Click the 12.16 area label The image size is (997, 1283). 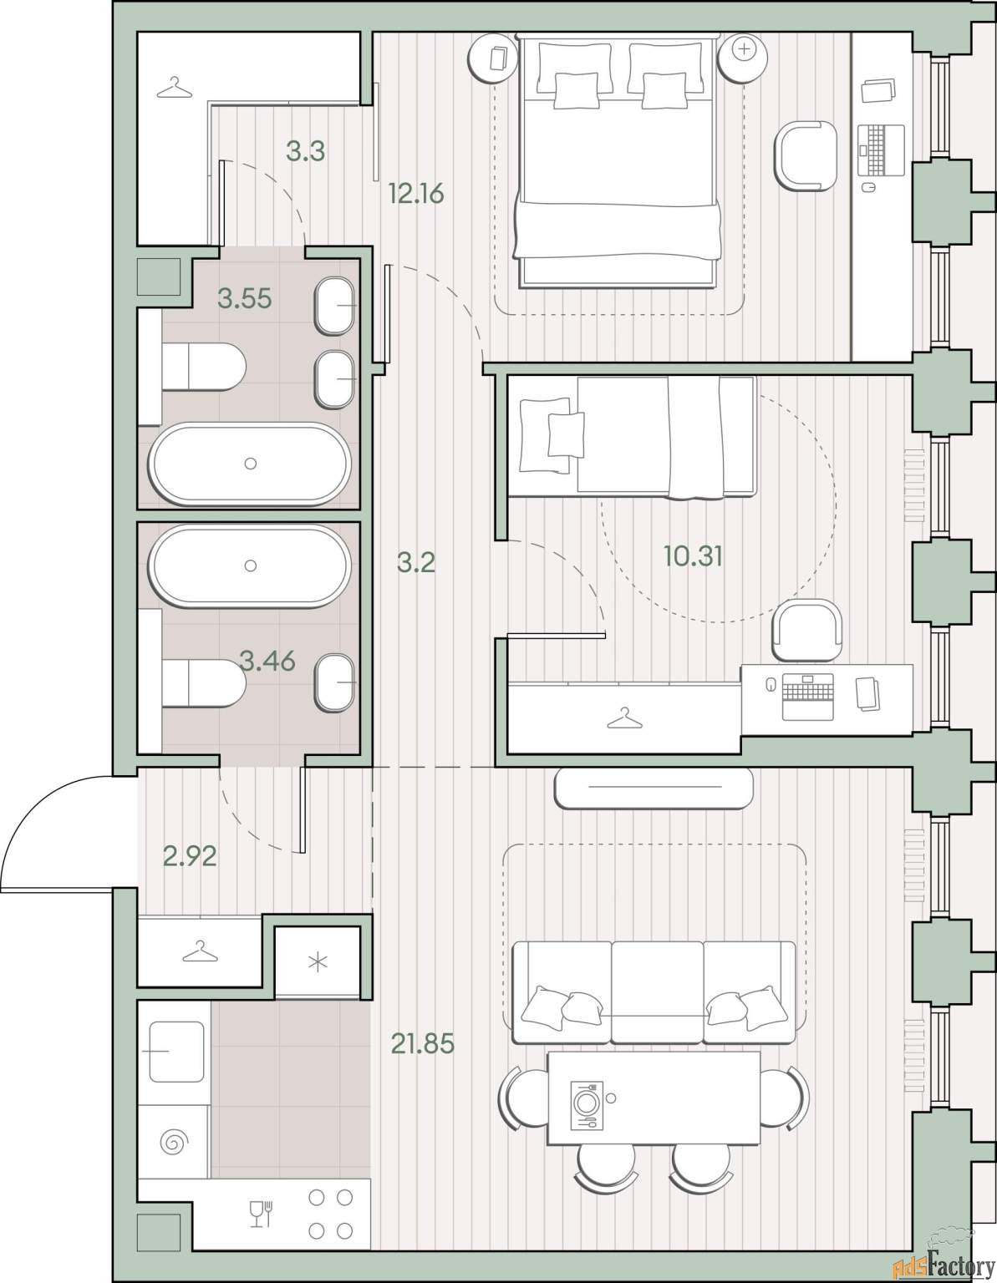[416, 193]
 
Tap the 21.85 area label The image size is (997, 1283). [422, 1043]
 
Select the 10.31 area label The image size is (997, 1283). [693, 556]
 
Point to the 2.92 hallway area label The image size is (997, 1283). [190, 856]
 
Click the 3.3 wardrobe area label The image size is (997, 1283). [305, 151]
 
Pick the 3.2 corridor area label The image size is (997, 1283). [416, 562]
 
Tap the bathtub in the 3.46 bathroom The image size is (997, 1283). [250, 565]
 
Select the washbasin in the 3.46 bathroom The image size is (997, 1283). [335, 682]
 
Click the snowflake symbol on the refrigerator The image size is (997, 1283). [318, 963]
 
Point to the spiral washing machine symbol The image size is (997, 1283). [174, 1143]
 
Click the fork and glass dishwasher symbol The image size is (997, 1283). [261, 1214]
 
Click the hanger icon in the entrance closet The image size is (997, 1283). [200, 951]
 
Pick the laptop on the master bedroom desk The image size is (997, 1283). [881, 150]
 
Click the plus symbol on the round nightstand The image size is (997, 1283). [745, 49]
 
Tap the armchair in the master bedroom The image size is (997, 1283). [805, 156]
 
